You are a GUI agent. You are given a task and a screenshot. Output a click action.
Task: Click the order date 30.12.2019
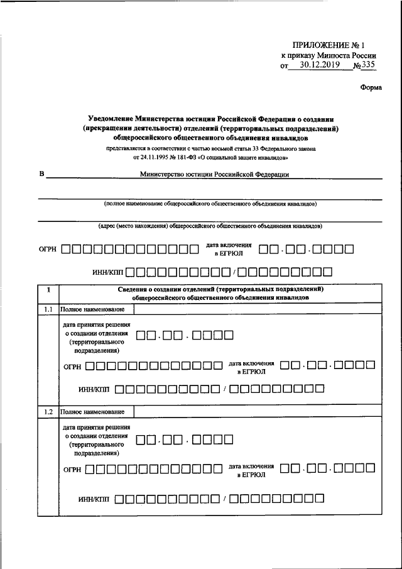[x=319, y=64]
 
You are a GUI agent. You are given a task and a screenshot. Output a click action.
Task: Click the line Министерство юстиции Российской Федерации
[x=214, y=175]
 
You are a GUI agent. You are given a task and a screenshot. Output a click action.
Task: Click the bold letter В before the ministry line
[x=42, y=175]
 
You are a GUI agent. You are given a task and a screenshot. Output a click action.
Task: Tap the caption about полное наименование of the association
[x=210, y=204]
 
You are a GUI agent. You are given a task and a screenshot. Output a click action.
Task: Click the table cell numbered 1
[x=48, y=289]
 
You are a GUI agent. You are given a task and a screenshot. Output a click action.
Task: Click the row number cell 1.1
[x=48, y=309]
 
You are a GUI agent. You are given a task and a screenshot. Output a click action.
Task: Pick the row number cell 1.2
[x=48, y=412]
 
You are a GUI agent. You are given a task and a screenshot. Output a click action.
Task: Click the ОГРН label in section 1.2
[x=72, y=469]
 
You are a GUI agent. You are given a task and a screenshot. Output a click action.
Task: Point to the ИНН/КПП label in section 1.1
[x=94, y=390]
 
